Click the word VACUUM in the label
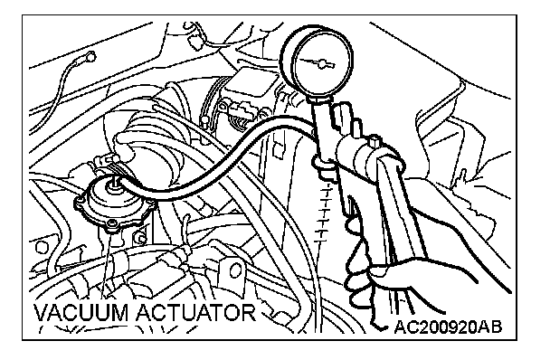[x=81, y=312]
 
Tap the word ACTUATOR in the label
[x=196, y=312]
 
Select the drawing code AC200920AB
[x=449, y=327]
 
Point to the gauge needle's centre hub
[x=321, y=64]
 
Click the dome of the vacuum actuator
[x=113, y=199]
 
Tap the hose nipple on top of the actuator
[x=114, y=183]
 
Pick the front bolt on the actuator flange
[x=112, y=225]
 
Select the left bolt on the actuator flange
[x=80, y=201]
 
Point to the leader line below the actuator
[x=105, y=267]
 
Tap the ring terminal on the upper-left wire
[x=90, y=56]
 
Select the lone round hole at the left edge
[x=42, y=247]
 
